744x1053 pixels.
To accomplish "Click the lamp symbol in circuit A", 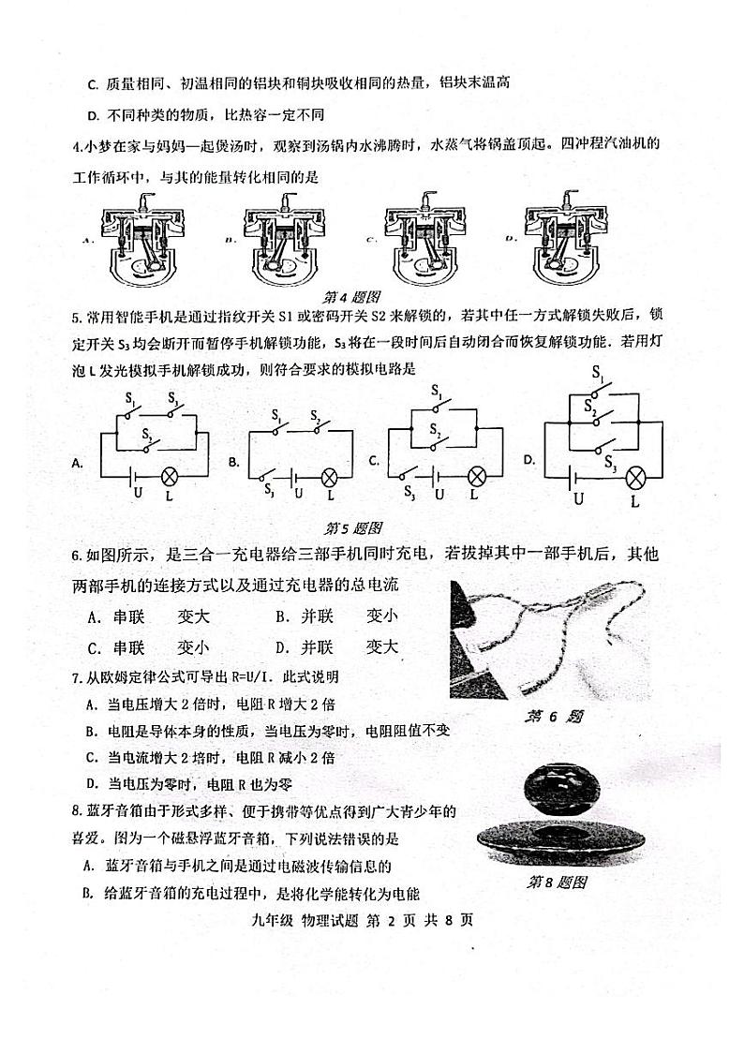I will point(170,474).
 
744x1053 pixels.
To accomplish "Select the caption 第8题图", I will point(557,882).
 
